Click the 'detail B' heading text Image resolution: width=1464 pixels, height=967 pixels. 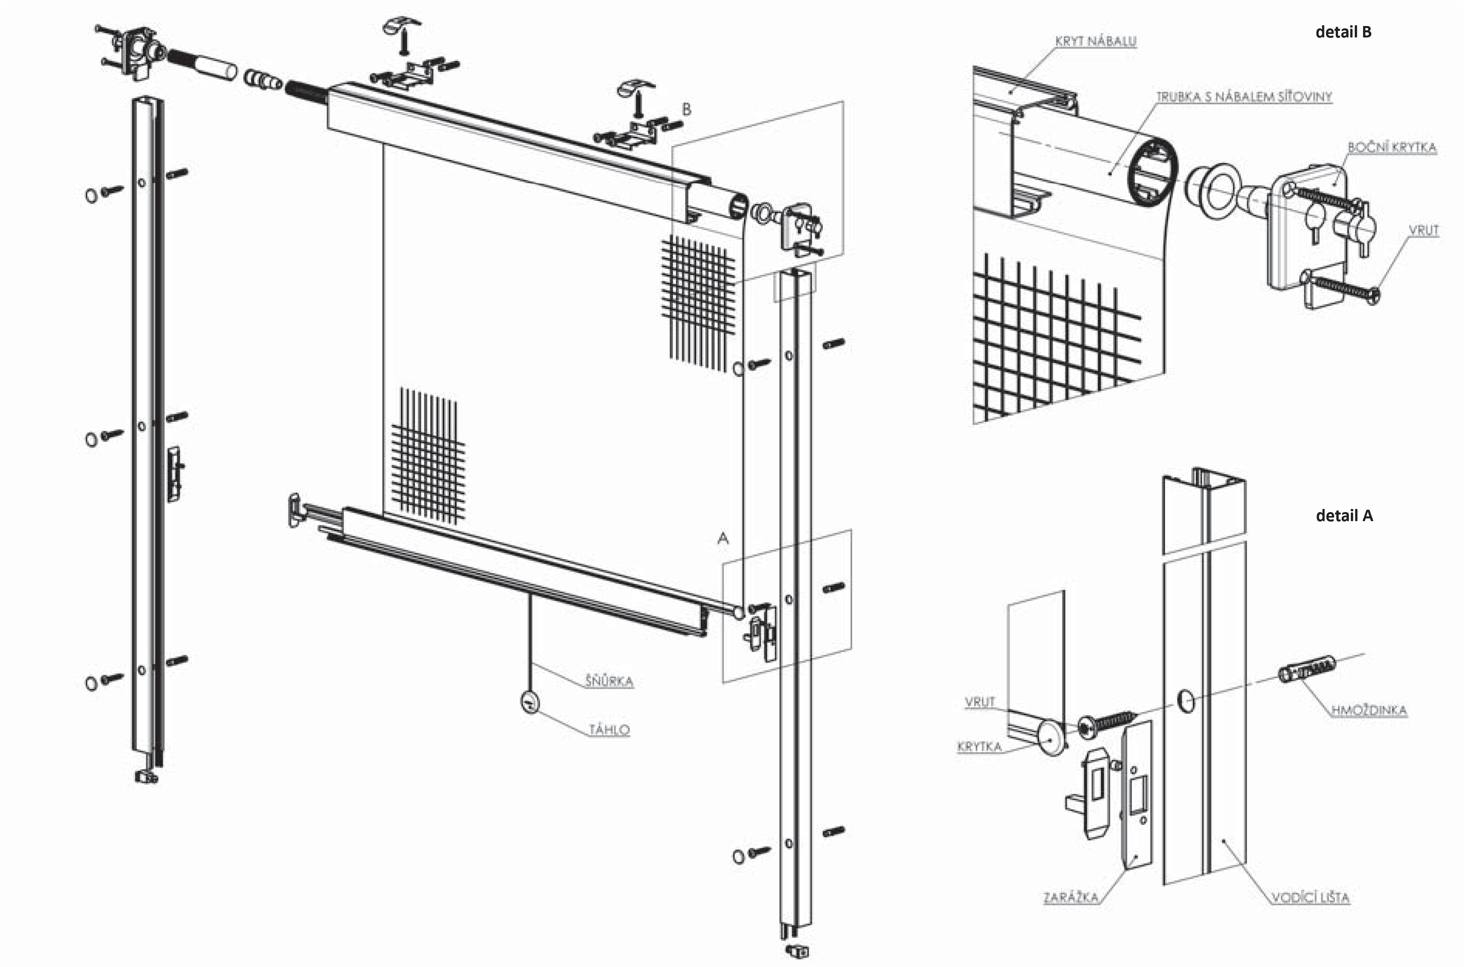1343,32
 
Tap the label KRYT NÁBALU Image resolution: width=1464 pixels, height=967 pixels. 1095,41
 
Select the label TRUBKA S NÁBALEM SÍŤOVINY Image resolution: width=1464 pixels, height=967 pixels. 1243,97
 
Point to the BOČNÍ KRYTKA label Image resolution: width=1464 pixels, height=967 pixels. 1392,147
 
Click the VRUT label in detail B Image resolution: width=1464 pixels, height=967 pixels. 1423,230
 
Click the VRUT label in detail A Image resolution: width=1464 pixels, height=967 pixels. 979,702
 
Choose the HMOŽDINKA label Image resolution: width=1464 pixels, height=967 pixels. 1369,710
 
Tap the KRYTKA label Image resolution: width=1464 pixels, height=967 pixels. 979,747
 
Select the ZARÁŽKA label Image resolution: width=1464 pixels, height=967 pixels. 1070,897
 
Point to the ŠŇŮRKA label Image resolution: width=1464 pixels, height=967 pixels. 609,682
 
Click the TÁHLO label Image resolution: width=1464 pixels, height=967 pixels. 609,730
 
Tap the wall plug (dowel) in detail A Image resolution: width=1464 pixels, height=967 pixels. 1307,669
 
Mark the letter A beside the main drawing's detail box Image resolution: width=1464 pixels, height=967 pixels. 723,538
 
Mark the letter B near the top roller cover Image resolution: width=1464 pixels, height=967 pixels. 686,110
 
